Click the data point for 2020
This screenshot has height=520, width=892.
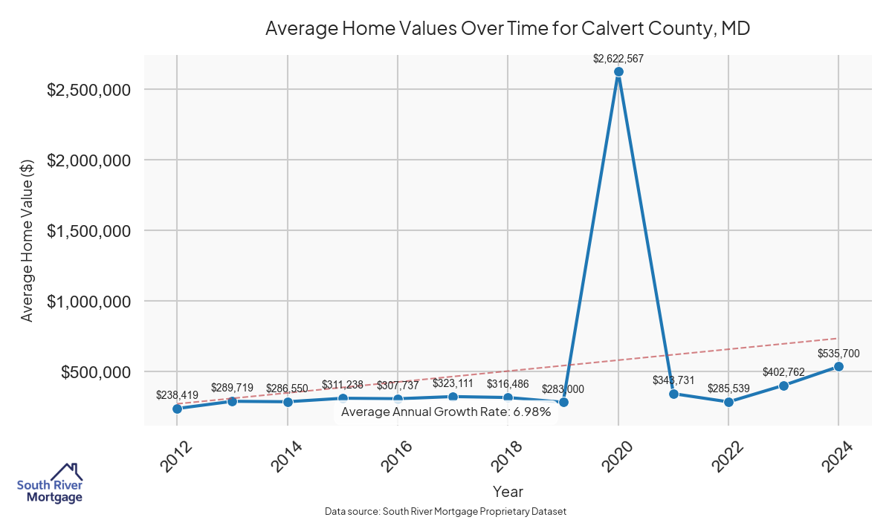point(618,72)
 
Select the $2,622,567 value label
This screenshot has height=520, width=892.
point(618,58)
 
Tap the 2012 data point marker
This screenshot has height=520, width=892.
point(177,409)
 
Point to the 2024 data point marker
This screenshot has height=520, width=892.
point(838,366)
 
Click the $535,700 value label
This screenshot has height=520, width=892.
point(839,353)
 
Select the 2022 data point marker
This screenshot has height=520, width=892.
point(728,402)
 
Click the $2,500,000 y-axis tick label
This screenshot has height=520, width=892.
point(89,90)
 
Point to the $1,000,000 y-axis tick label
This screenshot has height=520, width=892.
point(89,302)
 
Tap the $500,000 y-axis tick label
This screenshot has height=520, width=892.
point(97,372)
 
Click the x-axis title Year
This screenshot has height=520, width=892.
point(508,492)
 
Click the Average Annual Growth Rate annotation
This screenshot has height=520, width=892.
point(445,412)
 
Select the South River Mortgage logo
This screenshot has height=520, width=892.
point(50,484)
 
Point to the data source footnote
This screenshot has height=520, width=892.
point(445,511)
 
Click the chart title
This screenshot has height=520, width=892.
point(508,29)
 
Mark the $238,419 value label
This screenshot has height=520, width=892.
point(178,395)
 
